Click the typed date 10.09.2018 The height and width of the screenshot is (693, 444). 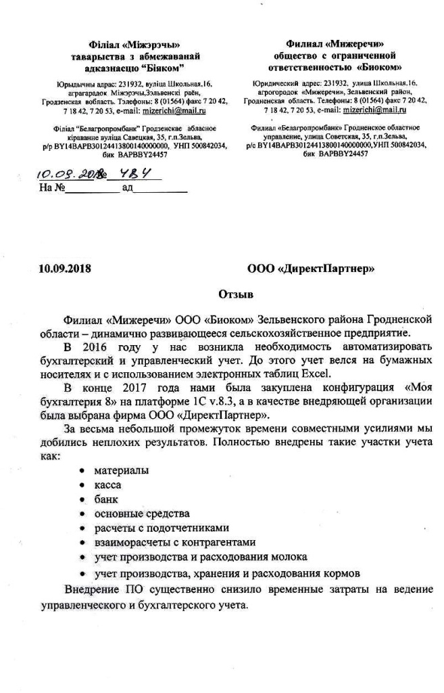tap(64, 269)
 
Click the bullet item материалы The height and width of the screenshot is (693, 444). tap(122, 470)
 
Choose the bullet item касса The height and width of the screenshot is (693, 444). tap(108, 485)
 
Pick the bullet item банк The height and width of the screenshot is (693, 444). tap(106, 499)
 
